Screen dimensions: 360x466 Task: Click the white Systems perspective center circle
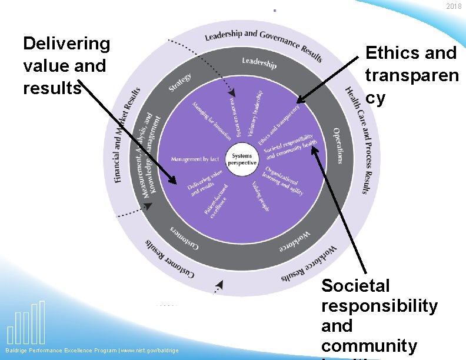(x=242, y=159)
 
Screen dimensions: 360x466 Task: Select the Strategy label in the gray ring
(x=180, y=82)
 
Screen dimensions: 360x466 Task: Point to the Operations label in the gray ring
(x=337, y=145)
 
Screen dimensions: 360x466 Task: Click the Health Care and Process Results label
(x=358, y=140)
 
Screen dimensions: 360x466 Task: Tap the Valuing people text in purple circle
(x=261, y=196)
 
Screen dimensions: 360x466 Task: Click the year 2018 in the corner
(x=454, y=6)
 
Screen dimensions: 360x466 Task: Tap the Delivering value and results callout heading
(x=66, y=65)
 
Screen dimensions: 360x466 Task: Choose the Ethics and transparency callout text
(x=411, y=75)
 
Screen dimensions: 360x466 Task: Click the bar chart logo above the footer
(x=26, y=324)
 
